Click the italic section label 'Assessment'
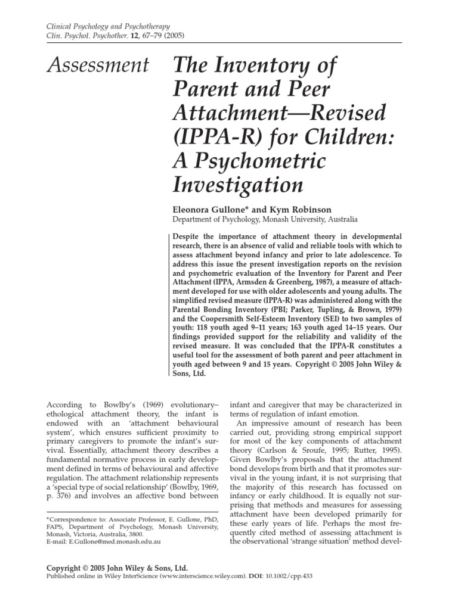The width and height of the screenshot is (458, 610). tap(97, 65)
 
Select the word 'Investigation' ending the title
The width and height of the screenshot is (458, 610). tap(238, 185)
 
